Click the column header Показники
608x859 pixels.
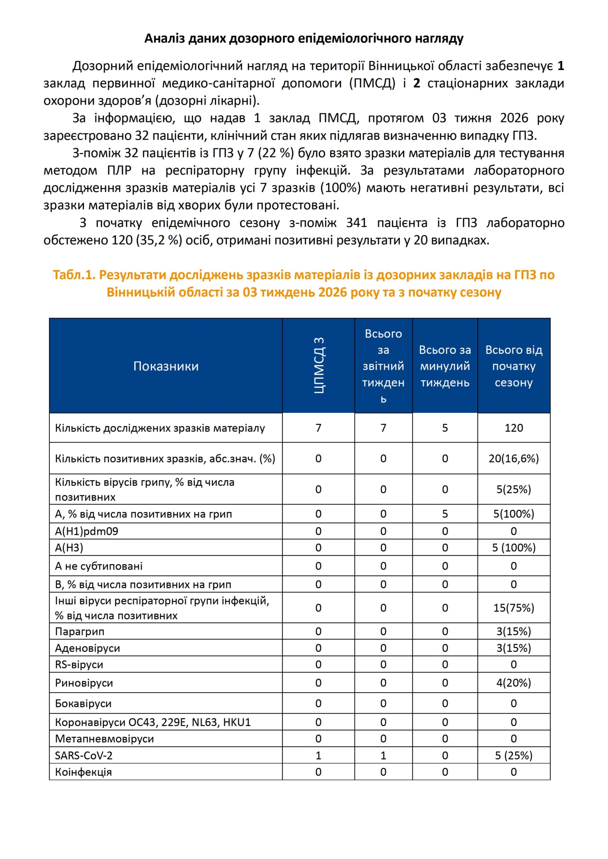[x=166, y=366]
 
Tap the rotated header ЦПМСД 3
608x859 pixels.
[x=319, y=365]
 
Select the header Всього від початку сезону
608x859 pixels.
[x=514, y=366]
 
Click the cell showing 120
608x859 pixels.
[x=514, y=428]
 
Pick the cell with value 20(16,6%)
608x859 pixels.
[x=514, y=458]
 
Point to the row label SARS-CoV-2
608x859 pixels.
[x=84, y=755]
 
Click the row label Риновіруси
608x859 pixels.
[x=84, y=683]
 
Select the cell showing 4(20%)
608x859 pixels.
[x=514, y=683]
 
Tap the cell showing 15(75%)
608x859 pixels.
[x=514, y=608]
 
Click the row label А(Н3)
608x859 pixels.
[x=69, y=548]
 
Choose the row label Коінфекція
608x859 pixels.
[x=84, y=772]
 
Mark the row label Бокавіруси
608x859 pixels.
[x=83, y=703]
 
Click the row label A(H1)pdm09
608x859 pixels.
[x=87, y=531]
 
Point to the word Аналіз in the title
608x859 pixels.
[x=165, y=38]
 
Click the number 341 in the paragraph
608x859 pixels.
[x=356, y=223]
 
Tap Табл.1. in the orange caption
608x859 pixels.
[x=74, y=275]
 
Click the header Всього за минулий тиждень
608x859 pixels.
[x=445, y=366]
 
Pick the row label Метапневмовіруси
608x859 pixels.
[x=104, y=739]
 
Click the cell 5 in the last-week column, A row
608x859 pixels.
[x=445, y=514]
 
